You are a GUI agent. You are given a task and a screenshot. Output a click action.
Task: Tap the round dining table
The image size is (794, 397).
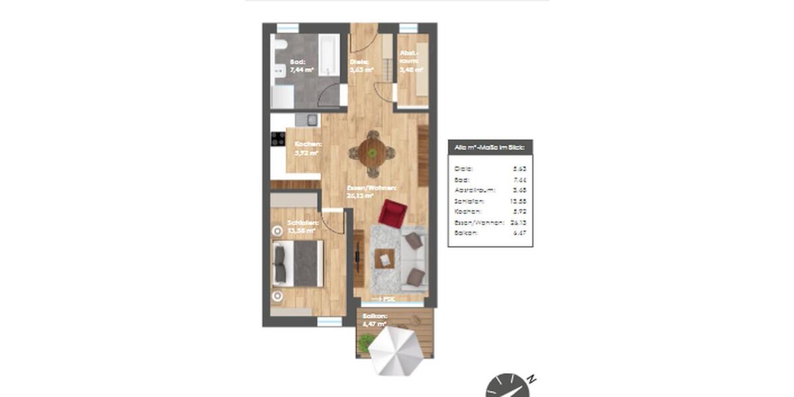[x=372, y=153]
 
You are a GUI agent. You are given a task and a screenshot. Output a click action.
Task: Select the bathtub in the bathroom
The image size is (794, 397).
[x=328, y=56]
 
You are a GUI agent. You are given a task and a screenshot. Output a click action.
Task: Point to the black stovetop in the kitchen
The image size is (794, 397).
[x=278, y=139]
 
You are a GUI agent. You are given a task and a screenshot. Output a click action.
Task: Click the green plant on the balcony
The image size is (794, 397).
[x=366, y=342]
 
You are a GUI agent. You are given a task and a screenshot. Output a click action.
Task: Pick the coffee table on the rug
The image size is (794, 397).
[x=384, y=259]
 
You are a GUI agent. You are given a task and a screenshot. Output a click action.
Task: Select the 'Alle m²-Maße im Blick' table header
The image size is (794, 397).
[x=490, y=148]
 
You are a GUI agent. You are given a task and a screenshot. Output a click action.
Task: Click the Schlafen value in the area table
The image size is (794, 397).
[x=518, y=200]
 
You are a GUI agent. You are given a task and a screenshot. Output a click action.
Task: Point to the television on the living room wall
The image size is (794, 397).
[x=358, y=255]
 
